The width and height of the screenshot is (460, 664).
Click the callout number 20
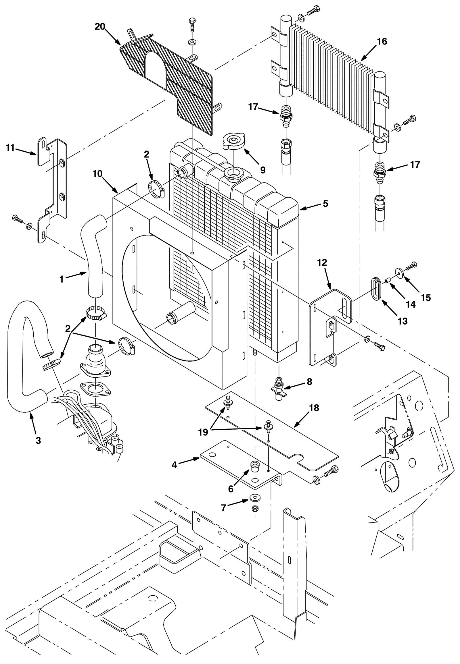100,26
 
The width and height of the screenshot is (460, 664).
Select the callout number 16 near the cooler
382,41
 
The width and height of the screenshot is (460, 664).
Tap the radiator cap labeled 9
234,141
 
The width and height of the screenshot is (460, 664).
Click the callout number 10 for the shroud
98,174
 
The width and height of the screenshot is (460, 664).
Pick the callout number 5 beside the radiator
325,204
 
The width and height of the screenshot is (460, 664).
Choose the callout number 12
322,262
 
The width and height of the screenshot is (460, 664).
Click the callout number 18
314,408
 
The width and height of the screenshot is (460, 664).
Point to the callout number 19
203,432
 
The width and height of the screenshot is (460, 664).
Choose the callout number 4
174,465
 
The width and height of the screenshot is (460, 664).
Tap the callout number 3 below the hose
38,440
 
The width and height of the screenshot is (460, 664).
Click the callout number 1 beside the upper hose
62,279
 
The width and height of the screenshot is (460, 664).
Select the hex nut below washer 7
255,508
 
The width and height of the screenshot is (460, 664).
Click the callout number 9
262,170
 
